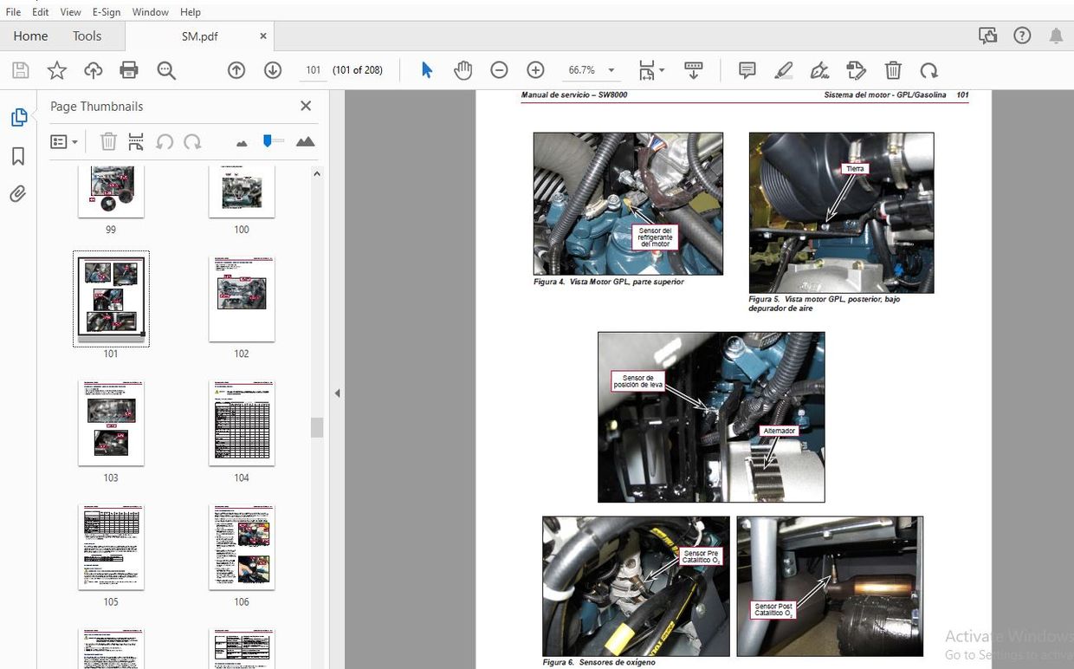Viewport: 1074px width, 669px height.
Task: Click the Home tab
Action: (30, 36)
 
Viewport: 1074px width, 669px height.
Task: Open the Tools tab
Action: (87, 36)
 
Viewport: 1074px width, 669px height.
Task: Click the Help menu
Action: (191, 12)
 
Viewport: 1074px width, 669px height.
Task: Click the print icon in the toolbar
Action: (129, 70)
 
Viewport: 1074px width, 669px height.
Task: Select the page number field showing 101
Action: (314, 70)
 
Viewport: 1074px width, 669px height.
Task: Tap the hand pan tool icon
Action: (463, 70)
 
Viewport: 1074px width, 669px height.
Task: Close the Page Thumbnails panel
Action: (306, 106)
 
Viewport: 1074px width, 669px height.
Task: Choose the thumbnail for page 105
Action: (111, 547)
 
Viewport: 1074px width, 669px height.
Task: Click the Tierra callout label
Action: (855, 169)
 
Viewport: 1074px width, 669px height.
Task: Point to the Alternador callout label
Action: (779, 431)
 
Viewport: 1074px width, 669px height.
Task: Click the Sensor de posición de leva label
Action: (637, 381)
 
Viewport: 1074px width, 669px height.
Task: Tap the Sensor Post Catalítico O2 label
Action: (773, 610)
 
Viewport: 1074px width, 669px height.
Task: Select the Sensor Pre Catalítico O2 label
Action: (701, 556)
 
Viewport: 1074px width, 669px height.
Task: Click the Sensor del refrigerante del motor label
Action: (656, 237)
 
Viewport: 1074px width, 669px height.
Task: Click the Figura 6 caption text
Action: (599, 662)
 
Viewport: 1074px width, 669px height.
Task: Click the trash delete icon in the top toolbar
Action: (893, 70)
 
